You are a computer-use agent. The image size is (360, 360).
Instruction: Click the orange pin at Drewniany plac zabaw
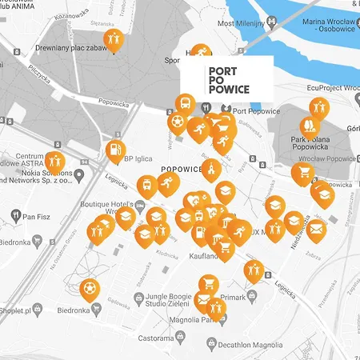pos(113,40)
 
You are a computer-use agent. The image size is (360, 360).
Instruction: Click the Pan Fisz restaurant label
pos(37,216)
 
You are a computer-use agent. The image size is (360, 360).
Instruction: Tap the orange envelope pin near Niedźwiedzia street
pos(317,230)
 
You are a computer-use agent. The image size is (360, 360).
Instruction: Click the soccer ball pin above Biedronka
pos(93,286)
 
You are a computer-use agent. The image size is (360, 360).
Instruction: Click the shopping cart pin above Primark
pos(208,285)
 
